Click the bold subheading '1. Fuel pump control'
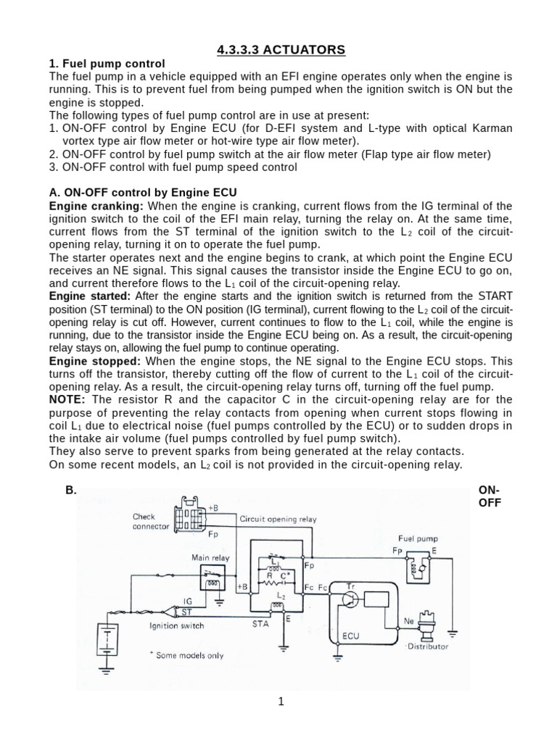click(107, 64)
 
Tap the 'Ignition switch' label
click(176, 625)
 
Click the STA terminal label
click(261, 622)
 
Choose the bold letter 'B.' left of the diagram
click(71, 490)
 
